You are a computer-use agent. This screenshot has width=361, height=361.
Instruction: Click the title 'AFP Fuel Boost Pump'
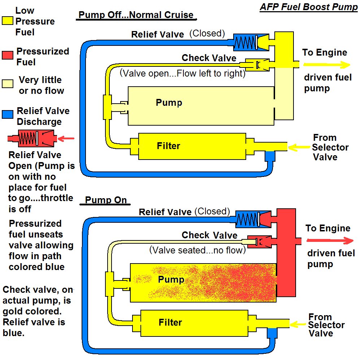pyautogui.click(x=308, y=7)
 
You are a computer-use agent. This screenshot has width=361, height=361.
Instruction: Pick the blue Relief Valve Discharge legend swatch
pyautogui.click(x=8, y=116)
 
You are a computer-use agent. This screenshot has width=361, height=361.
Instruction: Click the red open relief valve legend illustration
pyautogui.click(x=32, y=138)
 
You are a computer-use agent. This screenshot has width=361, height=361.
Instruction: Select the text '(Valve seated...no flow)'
pyautogui.click(x=197, y=250)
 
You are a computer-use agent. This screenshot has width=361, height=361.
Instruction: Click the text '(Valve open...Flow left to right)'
pyautogui.click(x=182, y=73)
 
